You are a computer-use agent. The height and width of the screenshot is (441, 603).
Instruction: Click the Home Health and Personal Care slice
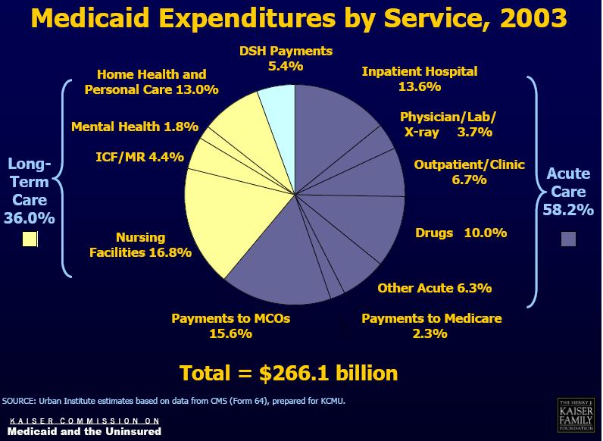coord(235,129)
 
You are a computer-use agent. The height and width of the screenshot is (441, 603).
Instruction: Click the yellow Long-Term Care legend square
coord(30,239)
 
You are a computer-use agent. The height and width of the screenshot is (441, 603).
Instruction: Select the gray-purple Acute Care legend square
coord(568,239)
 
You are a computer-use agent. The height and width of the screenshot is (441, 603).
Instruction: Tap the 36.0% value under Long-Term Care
coord(30,218)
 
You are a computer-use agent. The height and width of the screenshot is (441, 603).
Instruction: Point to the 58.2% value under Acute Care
coord(568,210)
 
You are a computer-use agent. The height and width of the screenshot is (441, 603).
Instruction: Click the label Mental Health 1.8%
coord(135,127)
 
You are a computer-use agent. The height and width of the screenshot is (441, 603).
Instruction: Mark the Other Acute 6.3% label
coord(435,288)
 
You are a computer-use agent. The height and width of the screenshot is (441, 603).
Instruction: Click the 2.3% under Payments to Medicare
coord(431,333)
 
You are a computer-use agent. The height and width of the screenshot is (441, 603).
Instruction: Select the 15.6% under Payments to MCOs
coord(230,333)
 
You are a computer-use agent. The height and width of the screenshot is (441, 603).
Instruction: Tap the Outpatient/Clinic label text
coord(469,164)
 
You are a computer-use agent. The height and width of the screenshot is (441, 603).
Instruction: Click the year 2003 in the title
coord(529,18)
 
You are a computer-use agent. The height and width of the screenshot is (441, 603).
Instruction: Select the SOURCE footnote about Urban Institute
coord(178,399)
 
